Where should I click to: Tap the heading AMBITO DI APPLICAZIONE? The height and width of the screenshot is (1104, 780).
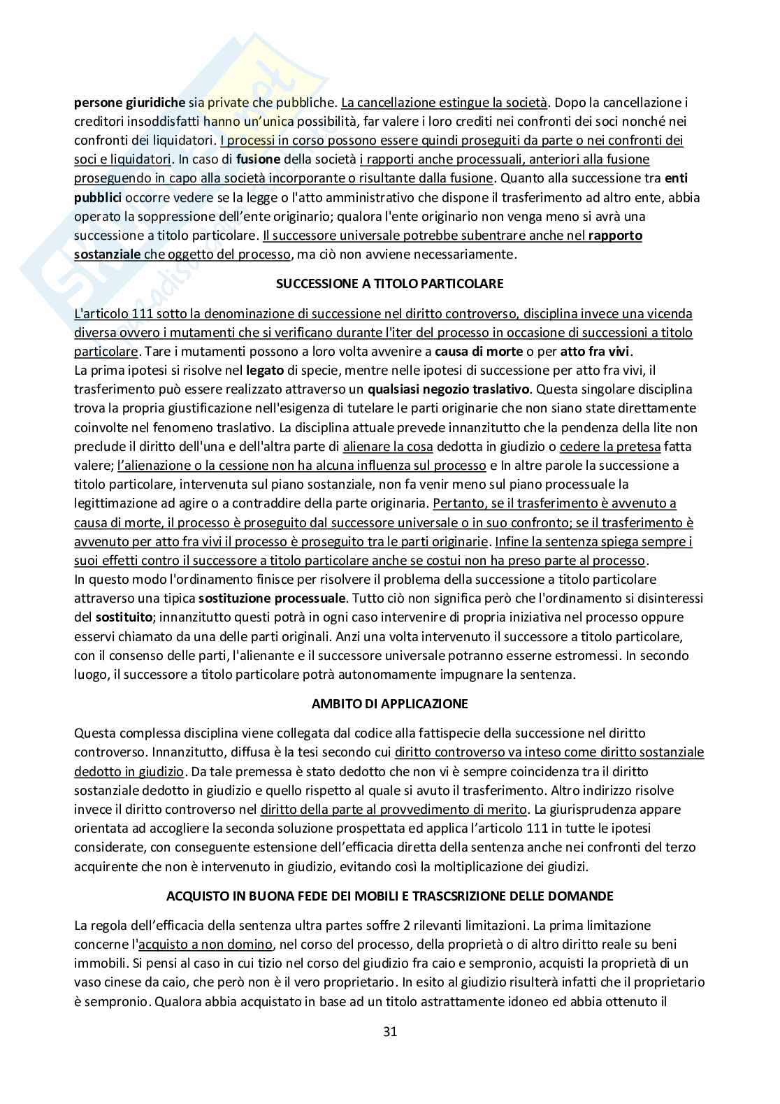tap(389, 703)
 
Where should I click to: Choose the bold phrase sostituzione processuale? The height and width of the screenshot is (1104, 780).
tap(272, 598)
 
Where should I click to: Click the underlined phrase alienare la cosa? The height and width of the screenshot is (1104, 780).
tap(388, 446)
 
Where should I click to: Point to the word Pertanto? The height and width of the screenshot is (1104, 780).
tap(456, 503)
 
